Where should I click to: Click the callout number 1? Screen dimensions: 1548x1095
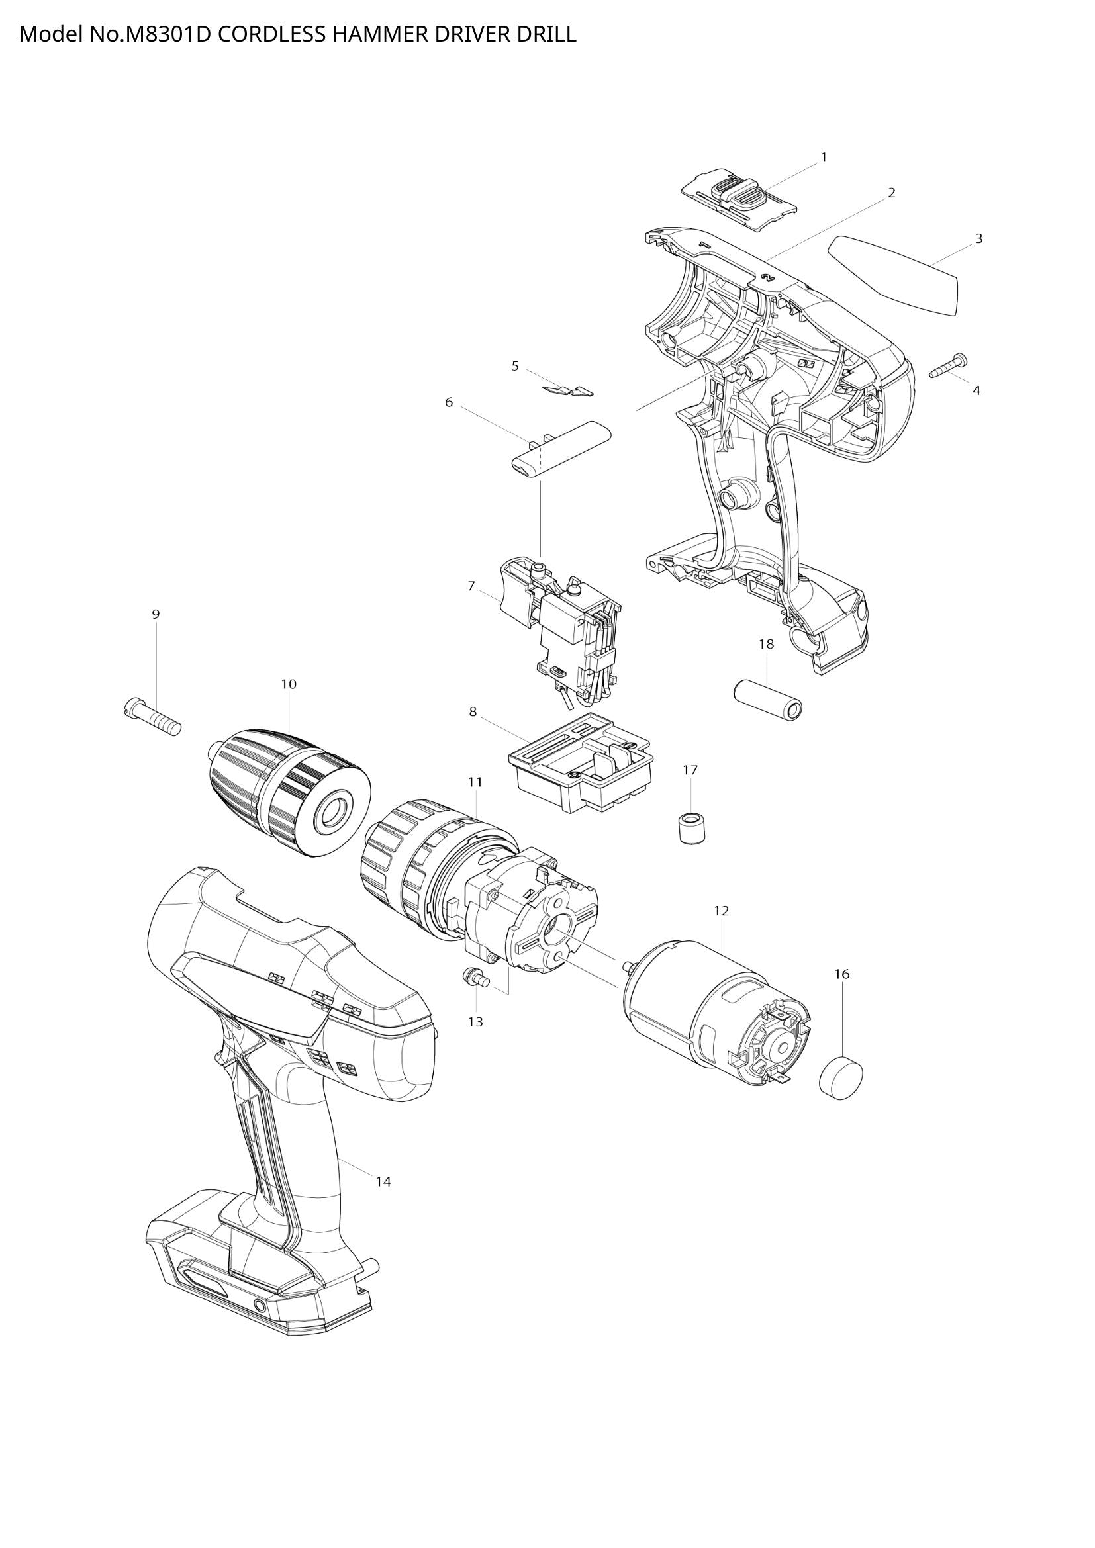824,157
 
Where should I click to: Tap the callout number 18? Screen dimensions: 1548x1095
767,644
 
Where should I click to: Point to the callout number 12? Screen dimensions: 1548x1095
722,910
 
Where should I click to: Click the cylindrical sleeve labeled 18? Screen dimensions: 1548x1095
770,702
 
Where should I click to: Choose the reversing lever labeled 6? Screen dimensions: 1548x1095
559,448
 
